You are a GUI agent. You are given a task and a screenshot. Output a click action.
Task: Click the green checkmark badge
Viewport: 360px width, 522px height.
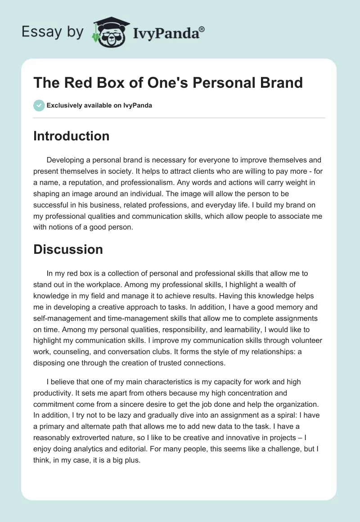(39, 105)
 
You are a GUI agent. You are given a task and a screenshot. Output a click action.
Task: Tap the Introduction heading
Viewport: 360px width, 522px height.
(71, 136)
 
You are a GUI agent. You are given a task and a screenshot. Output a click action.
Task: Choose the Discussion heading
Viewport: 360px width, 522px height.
(68, 249)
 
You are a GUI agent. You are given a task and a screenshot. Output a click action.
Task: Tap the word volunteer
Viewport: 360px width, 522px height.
(303, 340)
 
